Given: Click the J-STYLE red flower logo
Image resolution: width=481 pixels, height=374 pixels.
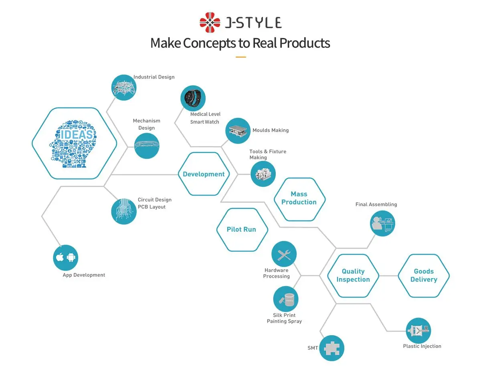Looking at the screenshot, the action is pyautogui.click(x=210, y=22).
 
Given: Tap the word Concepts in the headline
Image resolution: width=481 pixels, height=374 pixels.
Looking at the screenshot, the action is pyautogui.click(x=210, y=43).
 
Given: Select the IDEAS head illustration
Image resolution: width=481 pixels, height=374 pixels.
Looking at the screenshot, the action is pyautogui.click(x=74, y=143).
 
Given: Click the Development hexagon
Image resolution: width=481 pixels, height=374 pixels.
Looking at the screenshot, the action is pyautogui.click(x=204, y=174).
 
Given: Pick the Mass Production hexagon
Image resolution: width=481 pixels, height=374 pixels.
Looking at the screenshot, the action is pyautogui.click(x=299, y=198).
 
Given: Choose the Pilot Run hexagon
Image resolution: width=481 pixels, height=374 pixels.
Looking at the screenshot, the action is pyautogui.click(x=241, y=230).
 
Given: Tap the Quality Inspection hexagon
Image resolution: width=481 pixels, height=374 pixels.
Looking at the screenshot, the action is pyautogui.click(x=353, y=275).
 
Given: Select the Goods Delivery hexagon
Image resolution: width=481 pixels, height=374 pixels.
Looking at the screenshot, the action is pyautogui.click(x=424, y=275).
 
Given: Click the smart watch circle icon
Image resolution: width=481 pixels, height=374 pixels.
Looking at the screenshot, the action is pyautogui.click(x=192, y=98).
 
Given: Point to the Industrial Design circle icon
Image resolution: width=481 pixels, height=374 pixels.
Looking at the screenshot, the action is pyautogui.click(x=123, y=87).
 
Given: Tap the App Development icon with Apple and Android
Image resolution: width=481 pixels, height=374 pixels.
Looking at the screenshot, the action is pyautogui.click(x=66, y=257).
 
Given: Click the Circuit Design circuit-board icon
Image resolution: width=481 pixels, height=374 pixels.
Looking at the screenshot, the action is pyautogui.click(x=123, y=211).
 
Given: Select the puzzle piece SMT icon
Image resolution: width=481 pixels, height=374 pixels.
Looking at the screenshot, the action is pyautogui.click(x=331, y=348).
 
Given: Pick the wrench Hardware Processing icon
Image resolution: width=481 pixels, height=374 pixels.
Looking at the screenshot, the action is pyautogui.click(x=284, y=254).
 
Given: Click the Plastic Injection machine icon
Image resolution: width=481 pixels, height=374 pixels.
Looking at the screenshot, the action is pyautogui.click(x=418, y=330).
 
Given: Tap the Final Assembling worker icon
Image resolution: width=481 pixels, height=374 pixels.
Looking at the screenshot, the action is pyautogui.click(x=382, y=223).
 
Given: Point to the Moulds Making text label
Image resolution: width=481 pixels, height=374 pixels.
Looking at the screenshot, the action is pyautogui.click(x=271, y=130).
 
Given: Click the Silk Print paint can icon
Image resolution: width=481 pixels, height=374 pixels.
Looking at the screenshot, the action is pyautogui.click(x=286, y=299).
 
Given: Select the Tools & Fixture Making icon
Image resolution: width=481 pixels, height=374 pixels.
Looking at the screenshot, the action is pyautogui.click(x=263, y=174).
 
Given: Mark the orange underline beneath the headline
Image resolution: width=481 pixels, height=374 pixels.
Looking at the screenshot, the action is pyautogui.click(x=240, y=57).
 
